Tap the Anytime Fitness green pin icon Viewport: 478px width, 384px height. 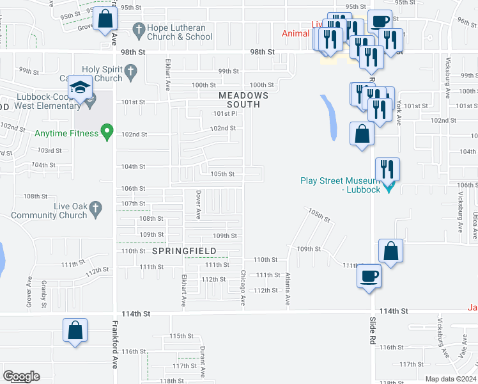(108, 134)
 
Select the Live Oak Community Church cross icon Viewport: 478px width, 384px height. (95, 207)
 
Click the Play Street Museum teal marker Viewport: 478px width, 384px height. (388, 188)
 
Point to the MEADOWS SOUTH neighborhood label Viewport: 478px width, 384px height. (240, 100)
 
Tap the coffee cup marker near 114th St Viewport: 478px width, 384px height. (369, 276)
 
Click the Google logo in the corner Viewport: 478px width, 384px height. (22, 376)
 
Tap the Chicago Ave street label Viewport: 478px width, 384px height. (243, 287)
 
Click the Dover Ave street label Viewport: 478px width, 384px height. (199, 204)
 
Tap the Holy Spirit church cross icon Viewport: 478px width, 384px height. (132, 74)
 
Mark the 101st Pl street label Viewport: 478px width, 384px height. (225, 113)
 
